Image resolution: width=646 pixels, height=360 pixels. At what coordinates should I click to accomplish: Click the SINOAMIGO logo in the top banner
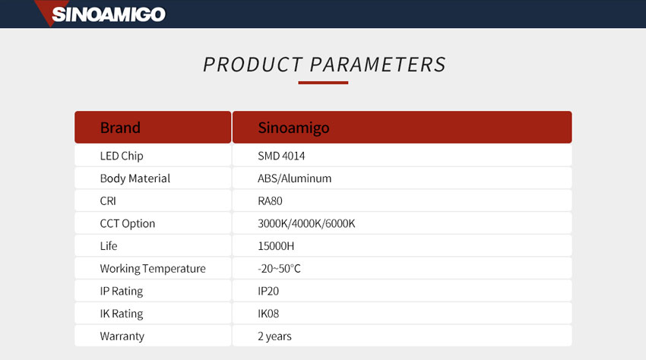(x=100, y=14)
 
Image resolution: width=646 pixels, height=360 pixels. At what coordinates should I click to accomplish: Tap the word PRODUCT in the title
(x=253, y=65)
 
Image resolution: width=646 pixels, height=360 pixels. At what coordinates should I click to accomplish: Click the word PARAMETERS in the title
(x=378, y=65)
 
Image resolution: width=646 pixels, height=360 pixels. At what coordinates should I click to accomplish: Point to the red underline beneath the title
(x=323, y=83)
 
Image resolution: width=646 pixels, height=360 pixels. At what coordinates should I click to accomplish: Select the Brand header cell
(x=153, y=128)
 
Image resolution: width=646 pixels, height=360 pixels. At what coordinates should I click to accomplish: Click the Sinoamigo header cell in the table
(x=402, y=128)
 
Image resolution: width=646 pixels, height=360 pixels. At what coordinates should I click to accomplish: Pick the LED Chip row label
(x=122, y=156)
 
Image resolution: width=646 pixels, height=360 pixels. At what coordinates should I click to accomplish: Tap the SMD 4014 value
(x=281, y=156)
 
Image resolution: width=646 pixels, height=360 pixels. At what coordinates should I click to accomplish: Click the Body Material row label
(x=135, y=178)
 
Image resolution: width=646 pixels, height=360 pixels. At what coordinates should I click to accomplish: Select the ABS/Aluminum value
(x=295, y=178)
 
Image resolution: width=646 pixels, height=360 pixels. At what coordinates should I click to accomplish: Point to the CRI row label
(x=108, y=201)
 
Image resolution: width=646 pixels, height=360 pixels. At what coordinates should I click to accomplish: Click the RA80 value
(x=271, y=201)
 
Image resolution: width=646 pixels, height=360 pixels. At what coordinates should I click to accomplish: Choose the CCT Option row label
(x=128, y=223)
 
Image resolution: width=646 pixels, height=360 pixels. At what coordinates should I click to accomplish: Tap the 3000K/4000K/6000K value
(x=306, y=223)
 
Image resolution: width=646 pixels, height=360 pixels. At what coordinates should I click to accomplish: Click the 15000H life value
(x=276, y=246)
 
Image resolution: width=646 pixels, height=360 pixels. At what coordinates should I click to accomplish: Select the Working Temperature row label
(x=153, y=269)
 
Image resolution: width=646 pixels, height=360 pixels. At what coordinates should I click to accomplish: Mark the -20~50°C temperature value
(x=280, y=269)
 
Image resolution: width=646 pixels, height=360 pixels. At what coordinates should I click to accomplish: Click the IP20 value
(x=268, y=291)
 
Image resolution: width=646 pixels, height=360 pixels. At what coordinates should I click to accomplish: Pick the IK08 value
(x=268, y=314)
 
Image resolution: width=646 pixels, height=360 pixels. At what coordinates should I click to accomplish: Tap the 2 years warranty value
(x=275, y=336)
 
